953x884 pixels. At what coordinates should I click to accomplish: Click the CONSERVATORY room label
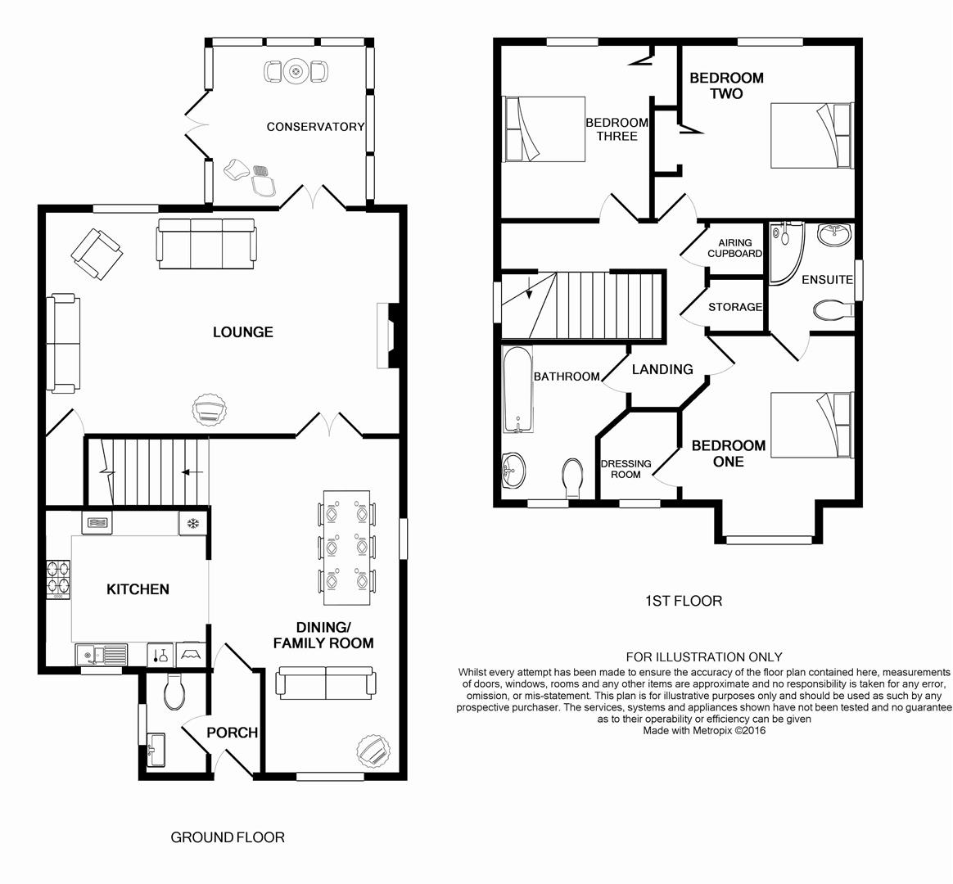tap(315, 126)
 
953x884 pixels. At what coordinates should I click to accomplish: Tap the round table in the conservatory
tap(296, 72)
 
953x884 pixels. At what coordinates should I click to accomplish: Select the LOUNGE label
tap(243, 331)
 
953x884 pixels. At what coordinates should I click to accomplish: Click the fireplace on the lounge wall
tap(389, 336)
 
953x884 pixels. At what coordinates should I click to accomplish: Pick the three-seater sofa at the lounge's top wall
tap(206, 244)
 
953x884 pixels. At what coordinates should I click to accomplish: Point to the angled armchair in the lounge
tap(97, 254)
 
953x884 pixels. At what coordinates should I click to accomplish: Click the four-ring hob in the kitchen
tap(58, 579)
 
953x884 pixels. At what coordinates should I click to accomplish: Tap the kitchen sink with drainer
tap(102, 654)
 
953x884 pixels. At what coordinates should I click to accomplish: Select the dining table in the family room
tap(346, 548)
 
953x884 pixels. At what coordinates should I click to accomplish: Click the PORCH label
tap(233, 733)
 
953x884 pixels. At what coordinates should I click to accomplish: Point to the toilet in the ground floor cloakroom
tap(174, 692)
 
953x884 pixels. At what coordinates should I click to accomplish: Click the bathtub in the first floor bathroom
tap(517, 389)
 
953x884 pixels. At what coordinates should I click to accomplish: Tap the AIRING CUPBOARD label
tap(734, 248)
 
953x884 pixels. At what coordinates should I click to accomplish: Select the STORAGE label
tap(735, 307)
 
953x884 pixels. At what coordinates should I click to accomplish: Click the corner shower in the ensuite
tap(787, 254)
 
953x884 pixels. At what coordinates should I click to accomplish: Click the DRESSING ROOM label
tap(626, 469)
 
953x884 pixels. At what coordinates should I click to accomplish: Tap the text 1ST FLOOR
tap(684, 601)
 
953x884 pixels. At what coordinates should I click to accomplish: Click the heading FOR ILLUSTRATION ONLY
tap(704, 656)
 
